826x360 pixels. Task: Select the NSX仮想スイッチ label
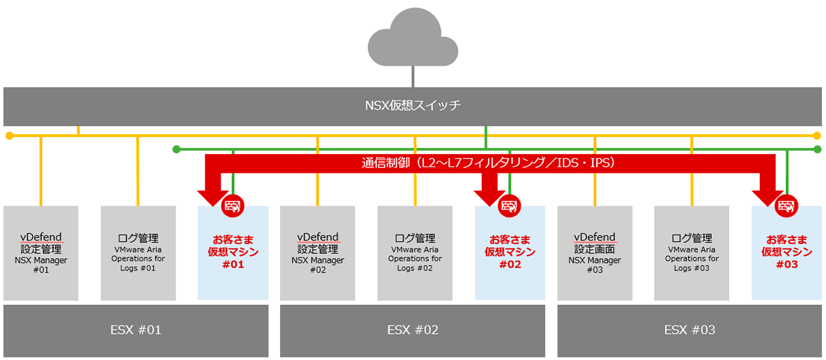pos(412,106)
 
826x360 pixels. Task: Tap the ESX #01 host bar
pos(136,330)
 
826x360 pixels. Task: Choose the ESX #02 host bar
pos(412,330)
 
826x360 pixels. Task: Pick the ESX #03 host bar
pos(689,330)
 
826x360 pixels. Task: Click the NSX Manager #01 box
pos(41,253)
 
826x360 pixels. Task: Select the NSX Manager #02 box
pos(317,253)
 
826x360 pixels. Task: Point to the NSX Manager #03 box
pos(595,253)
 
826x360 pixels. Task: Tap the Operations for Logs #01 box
pos(138,253)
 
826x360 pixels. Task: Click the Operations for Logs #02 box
pos(415,253)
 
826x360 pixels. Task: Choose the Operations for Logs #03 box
pos(692,253)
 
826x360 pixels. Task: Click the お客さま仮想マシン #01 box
pos(233,253)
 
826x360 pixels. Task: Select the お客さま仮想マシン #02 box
pos(509,253)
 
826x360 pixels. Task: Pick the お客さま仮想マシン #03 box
pos(786,253)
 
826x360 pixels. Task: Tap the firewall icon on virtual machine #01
pos(233,206)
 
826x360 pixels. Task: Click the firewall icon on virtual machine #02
pos(509,206)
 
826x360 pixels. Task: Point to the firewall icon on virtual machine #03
pos(786,206)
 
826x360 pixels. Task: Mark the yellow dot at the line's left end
pos(9,136)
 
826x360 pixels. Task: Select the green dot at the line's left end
pos(176,149)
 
